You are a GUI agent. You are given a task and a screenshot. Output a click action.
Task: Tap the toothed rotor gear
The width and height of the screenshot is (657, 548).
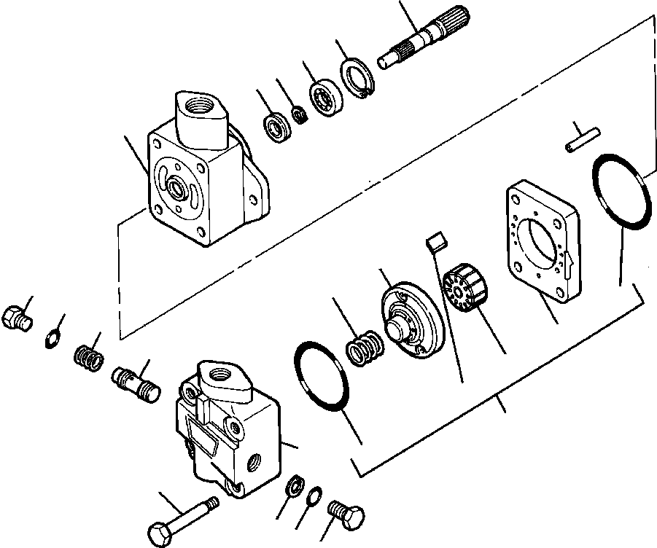tap(464, 288)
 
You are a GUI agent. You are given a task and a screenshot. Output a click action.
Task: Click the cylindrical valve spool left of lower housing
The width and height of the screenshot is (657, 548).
tap(135, 383)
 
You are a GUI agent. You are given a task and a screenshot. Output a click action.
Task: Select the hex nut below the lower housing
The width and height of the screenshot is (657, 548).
tap(294, 484)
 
